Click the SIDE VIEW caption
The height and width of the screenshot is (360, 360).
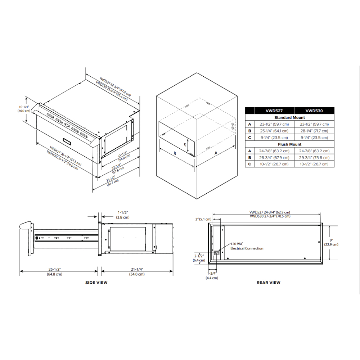[x=96, y=283]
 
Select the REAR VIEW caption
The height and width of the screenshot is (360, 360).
[x=268, y=283]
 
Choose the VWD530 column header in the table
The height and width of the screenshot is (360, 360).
[x=314, y=111]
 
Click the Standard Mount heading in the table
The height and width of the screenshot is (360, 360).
[x=289, y=117]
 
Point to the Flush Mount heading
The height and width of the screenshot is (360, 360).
[x=289, y=144]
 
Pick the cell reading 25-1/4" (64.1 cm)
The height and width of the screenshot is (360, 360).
[x=274, y=131]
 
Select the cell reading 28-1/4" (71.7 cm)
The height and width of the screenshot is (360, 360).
[x=314, y=131]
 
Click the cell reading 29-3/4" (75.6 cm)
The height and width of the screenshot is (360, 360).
[x=314, y=157]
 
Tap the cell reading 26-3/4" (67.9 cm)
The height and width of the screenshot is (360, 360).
[x=274, y=157]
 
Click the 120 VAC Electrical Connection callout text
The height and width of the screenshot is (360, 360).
[x=247, y=246]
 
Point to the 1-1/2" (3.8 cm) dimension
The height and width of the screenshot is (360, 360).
[x=123, y=215]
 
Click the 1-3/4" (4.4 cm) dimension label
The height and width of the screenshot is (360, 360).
[x=212, y=275]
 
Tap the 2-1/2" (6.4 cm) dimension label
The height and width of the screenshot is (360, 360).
[x=199, y=258]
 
